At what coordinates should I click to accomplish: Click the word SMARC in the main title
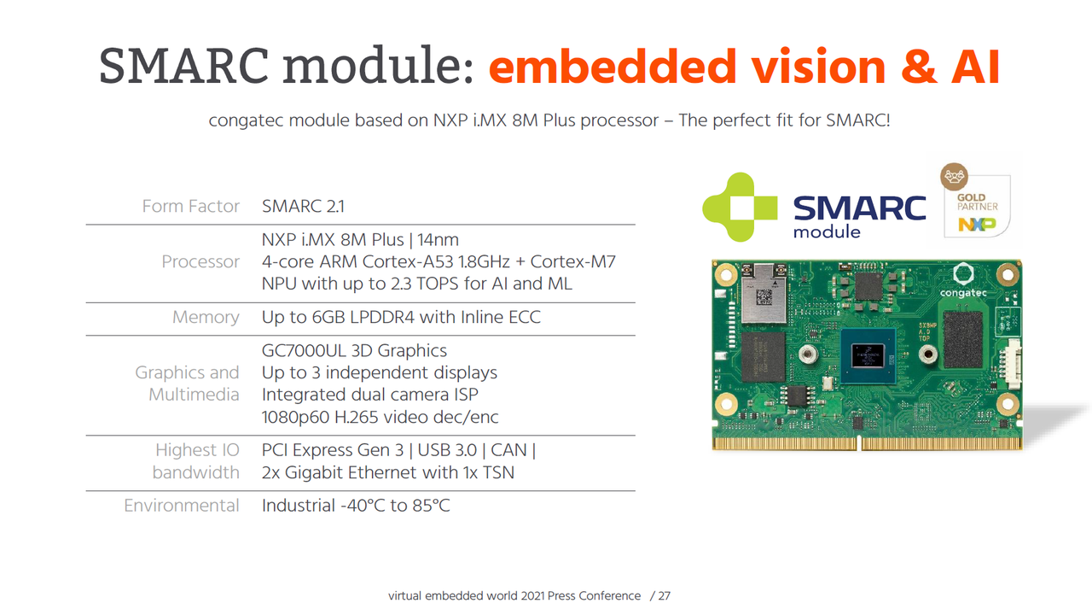(183, 66)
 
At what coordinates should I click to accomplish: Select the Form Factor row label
(190, 206)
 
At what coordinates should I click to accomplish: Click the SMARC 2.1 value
(303, 206)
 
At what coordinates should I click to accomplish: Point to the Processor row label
(200, 261)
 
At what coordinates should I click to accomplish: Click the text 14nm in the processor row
(438, 240)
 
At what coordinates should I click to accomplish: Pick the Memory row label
(206, 317)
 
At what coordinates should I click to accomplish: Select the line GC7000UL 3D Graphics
(354, 350)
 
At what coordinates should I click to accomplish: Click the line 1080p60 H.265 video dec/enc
(380, 417)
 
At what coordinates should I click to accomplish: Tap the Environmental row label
(182, 505)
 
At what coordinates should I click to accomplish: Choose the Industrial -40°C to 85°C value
(356, 505)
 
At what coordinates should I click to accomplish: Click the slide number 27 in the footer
(664, 595)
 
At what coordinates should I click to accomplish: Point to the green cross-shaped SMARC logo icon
(740, 207)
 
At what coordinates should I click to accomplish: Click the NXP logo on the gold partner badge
(977, 224)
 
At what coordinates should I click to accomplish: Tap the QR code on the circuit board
(764, 296)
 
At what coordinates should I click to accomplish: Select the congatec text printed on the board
(963, 293)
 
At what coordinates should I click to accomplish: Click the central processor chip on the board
(868, 356)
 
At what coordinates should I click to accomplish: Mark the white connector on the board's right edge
(1013, 364)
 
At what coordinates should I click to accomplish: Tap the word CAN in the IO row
(508, 450)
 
